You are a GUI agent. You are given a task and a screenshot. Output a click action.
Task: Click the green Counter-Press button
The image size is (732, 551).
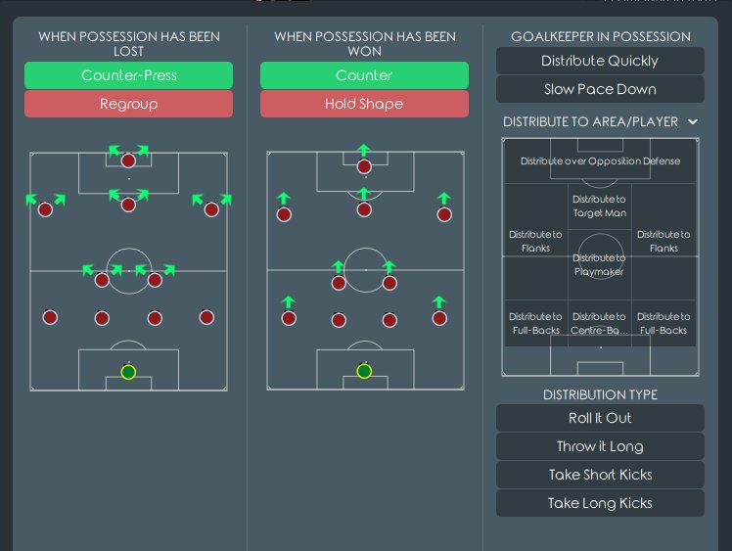pos(128,75)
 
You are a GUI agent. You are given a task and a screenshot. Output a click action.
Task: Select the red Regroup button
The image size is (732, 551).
pos(128,104)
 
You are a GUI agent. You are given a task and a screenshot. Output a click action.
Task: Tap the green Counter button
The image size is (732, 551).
pos(364,75)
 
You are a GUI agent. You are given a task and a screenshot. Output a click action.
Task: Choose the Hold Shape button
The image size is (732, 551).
pos(364,104)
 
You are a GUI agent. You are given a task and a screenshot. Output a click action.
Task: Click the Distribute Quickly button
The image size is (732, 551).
pos(600,61)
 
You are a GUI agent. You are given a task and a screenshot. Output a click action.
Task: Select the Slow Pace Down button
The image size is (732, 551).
pos(600,89)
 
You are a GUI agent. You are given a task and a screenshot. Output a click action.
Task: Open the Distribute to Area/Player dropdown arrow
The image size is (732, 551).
pos(693,122)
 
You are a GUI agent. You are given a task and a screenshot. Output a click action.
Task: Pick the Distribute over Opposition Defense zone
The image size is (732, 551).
pos(600,161)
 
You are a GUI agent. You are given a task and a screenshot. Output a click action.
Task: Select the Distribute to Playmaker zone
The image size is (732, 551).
pos(600,265)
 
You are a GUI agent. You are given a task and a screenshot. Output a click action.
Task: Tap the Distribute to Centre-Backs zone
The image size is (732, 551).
pos(599,323)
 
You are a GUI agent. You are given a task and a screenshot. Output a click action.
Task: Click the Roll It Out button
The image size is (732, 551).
pos(600,418)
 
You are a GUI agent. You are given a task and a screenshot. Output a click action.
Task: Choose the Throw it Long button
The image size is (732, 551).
pos(600,446)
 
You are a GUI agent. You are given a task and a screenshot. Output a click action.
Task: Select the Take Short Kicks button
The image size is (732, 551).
pos(600,475)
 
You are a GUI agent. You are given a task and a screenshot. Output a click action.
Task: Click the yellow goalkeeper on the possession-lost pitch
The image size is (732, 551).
pos(128,372)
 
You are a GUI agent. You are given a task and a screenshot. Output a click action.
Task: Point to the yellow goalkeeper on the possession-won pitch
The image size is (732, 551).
pos(364,372)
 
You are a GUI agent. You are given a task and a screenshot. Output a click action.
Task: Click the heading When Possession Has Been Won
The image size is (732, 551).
pos(364,44)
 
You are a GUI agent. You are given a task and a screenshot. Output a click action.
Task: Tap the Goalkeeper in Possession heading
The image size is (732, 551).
pos(600,37)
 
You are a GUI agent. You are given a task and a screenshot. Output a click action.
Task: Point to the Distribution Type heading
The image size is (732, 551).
pos(600,394)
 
